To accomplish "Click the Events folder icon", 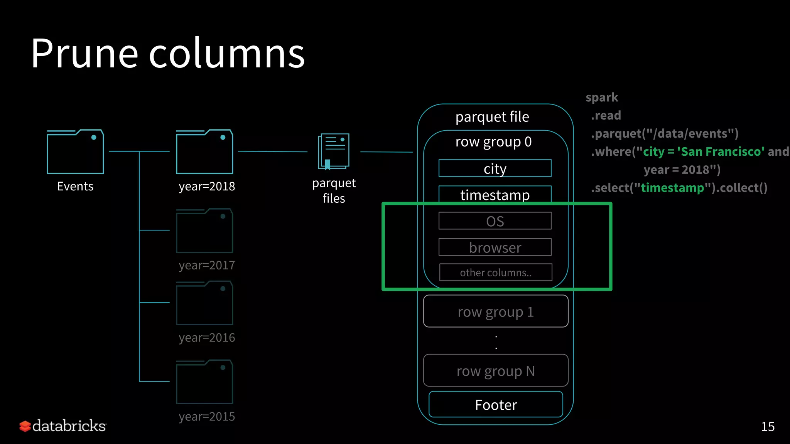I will (x=75, y=152).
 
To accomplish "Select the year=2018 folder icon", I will (x=204, y=152).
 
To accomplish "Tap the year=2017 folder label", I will (x=207, y=265).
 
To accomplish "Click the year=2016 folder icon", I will (x=204, y=303).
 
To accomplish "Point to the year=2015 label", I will (x=207, y=417).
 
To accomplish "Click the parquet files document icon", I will (x=334, y=151).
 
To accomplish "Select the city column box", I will (x=495, y=168).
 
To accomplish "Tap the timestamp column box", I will (x=495, y=195).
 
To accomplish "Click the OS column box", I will (x=495, y=221).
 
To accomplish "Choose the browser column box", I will (x=495, y=247).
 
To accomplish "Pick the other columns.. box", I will (x=496, y=272).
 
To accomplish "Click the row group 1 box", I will (x=496, y=311).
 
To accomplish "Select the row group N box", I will (x=496, y=370).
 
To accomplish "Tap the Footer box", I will (x=496, y=404).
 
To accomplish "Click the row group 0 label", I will (x=493, y=142).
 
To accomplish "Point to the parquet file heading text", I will (x=492, y=117).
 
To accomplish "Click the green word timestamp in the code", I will (x=672, y=188).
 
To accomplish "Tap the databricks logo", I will (x=63, y=426).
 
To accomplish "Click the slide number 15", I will (x=768, y=427).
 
